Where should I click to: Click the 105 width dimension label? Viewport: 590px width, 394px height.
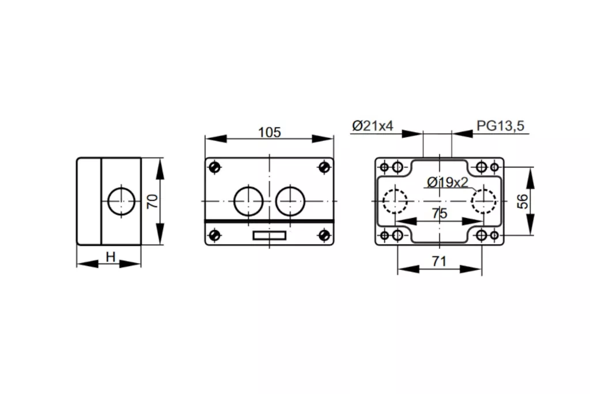pos(270,133)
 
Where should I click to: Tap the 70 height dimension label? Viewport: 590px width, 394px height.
pos(153,201)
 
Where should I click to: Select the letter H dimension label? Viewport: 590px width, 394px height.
pos(110,257)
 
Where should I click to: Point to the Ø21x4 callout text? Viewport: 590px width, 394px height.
pos(373,126)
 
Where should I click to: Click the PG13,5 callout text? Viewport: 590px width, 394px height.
pos(500,126)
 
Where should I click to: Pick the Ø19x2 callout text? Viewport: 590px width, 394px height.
pos(447,183)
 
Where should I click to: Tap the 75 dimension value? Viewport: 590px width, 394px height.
pos(440,213)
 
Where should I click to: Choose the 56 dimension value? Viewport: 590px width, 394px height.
pos(522,201)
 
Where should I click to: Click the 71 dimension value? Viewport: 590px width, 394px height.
pos(439,261)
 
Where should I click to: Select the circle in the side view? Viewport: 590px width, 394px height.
pos(121,187)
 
